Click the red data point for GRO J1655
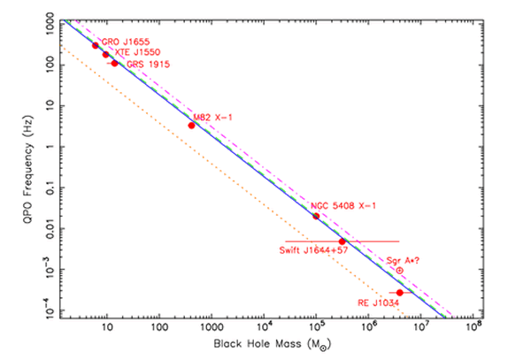pyautogui.click(x=96, y=45)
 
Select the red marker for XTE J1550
pyautogui.click(x=106, y=55)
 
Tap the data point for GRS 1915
pyautogui.click(x=114, y=63)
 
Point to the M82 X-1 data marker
pyautogui.click(x=191, y=125)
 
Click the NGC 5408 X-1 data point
pyautogui.click(x=316, y=216)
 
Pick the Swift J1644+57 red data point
pyautogui.click(x=342, y=241)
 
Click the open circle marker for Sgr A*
pyautogui.click(x=399, y=270)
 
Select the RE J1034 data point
pyautogui.click(x=400, y=292)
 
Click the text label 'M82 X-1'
pyautogui.click(x=212, y=116)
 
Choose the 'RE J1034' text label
pyautogui.click(x=378, y=303)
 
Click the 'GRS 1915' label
pyautogui.click(x=148, y=65)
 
